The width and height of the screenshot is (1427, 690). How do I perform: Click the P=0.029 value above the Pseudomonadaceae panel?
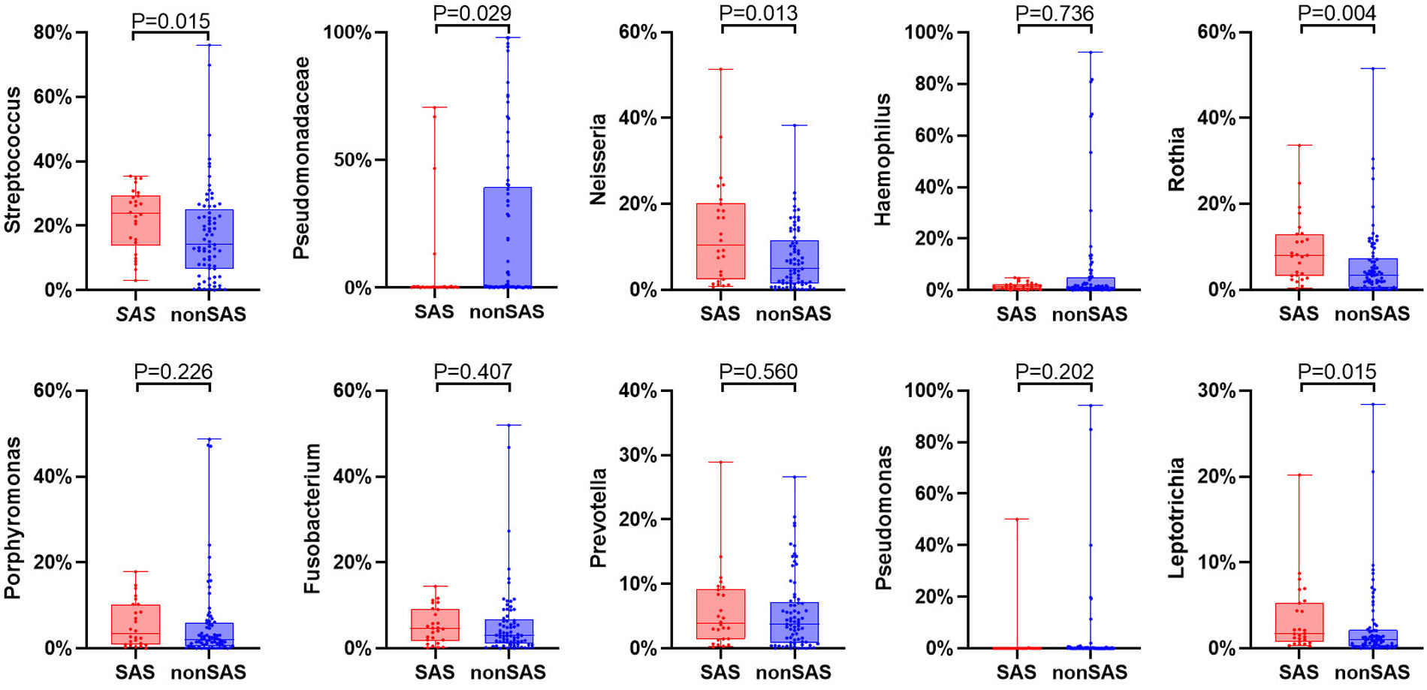[472, 14]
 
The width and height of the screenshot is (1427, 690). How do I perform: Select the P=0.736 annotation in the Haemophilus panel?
[1054, 14]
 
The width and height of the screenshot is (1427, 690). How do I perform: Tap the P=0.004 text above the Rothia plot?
[1337, 14]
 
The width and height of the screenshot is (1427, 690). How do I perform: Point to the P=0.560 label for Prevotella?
[759, 372]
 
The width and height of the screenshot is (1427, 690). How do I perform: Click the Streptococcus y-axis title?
[13, 160]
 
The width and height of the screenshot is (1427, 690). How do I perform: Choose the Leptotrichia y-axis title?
[1177, 518]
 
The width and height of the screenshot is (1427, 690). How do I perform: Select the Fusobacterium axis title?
[312, 518]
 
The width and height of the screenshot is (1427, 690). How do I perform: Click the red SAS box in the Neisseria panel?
[721, 240]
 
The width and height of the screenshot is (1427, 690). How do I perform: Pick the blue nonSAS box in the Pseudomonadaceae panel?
[507, 237]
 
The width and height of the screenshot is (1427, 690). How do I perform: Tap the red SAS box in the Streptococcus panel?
[135, 220]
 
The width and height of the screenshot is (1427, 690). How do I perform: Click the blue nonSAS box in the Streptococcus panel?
[209, 239]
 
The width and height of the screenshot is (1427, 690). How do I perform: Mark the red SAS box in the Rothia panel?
[1299, 255]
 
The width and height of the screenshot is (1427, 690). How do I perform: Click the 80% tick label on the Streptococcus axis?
[53, 33]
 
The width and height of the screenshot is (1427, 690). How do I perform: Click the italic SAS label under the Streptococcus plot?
[135, 314]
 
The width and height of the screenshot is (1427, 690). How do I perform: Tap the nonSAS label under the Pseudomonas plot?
[1090, 672]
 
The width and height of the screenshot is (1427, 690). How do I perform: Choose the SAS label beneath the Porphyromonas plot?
[135, 672]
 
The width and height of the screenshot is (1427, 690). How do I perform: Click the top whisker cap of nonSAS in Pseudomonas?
[1091, 405]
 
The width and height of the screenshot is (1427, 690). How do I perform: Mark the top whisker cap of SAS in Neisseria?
[721, 69]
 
